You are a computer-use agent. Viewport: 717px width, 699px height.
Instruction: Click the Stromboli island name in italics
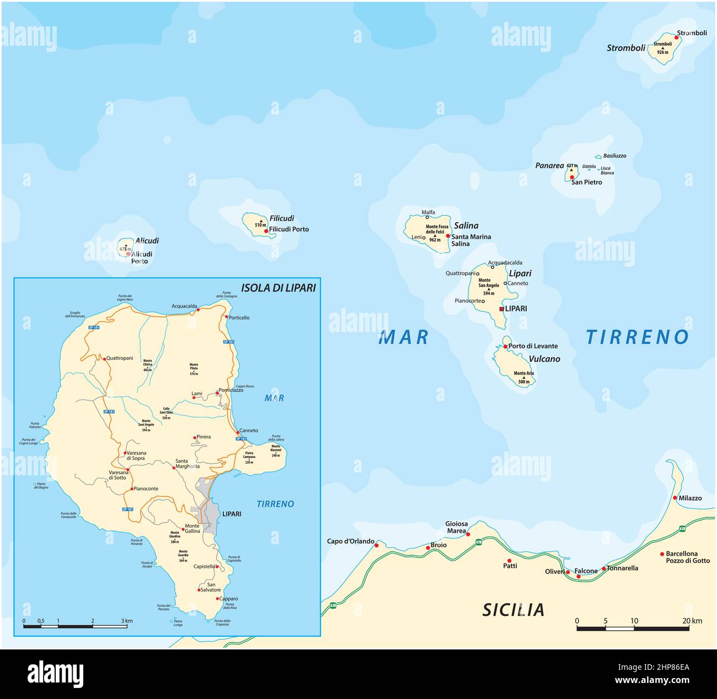[625, 48]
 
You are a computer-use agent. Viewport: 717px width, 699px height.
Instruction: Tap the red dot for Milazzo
[675, 498]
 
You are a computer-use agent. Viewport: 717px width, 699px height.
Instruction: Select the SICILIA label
[513, 610]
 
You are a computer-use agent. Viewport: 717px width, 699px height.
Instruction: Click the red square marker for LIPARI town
[501, 309]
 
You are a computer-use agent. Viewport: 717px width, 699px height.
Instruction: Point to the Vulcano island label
[544, 359]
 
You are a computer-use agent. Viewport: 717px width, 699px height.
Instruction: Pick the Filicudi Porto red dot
[266, 231]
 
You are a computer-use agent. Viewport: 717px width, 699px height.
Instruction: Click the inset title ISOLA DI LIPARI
[278, 288]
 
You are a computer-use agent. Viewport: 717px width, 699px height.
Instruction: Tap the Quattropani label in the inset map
[120, 358]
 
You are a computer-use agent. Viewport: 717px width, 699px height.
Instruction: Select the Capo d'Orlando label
[350, 541]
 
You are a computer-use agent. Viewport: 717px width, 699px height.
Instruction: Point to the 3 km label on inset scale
[127, 621]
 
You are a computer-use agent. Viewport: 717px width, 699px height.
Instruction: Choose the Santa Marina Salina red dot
[448, 236]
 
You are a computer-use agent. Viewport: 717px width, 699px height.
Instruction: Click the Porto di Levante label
[533, 346]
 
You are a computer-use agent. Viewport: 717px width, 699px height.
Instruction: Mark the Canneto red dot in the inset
[238, 432]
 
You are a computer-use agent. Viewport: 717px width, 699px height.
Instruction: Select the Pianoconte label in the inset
[146, 489]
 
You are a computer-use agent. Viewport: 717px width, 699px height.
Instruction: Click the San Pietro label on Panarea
[586, 182]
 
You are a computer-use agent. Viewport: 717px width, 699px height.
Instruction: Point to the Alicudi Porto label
[141, 258]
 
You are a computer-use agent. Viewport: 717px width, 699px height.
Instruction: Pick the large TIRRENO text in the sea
[637, 337]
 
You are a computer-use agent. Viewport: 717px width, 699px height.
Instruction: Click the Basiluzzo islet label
[614, 156]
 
